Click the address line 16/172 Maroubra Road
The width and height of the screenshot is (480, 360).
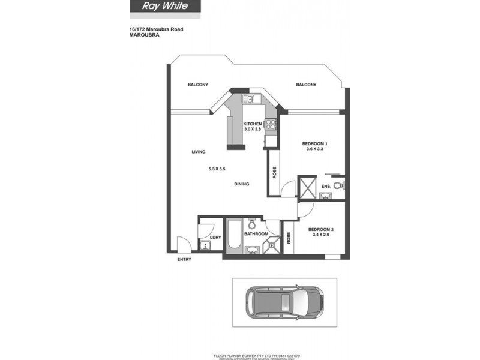[x=157, y=29]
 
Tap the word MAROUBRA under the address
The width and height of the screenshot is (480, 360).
[x=143, y=35]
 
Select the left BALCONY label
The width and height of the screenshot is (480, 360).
[x=197, y=85]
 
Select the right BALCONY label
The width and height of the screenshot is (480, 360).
[x=306, y=85]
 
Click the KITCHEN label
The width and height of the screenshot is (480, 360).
[x=253, y=124]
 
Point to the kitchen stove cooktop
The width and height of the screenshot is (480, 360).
[x=271, y=125]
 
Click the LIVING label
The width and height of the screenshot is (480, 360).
[x=199, y=152]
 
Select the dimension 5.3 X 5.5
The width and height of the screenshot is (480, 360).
[x=217, y=169]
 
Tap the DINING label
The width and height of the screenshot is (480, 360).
[x=242, y=184]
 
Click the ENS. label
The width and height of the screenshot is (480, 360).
[x=326, y=187]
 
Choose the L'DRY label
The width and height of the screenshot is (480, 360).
[x=215, y=238]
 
